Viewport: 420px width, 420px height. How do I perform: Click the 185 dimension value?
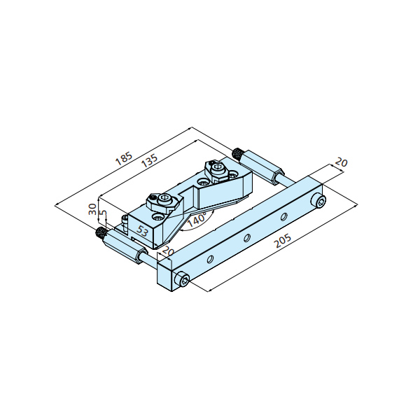tap(124, 159)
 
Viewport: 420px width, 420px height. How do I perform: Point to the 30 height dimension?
tap(92, 209)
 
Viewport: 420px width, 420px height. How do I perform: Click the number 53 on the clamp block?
tap(142, 231)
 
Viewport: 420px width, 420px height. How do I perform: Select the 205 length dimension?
tap(283, 241)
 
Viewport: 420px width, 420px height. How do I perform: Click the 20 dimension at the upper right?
tap(342, 162)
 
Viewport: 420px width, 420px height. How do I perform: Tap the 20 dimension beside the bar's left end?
tap(168, 251)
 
